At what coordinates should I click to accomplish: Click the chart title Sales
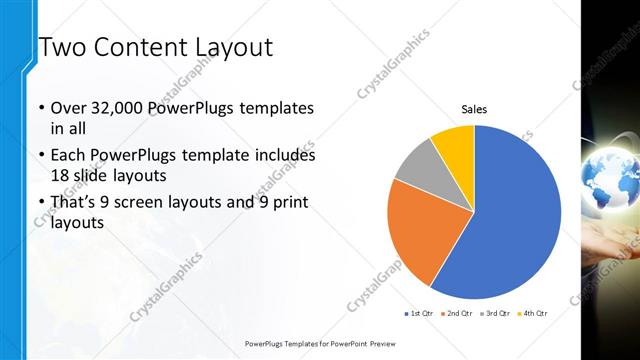pyautogui.click(x=474, y=109)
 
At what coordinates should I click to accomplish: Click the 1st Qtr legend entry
pyautogui.click(x=417, y=313)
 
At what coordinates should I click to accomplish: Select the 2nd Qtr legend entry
pyautogui.click(x=455, y=313)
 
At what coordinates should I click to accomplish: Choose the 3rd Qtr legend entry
pyautogui.click(x=494, y=313)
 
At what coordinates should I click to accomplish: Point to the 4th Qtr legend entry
pyautogui.click(x=532, y=313)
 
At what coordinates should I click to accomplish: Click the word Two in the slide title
pyautogui.click(x=62, y=47)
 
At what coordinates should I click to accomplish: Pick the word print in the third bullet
pyautogui.click(x=291, y=204)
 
